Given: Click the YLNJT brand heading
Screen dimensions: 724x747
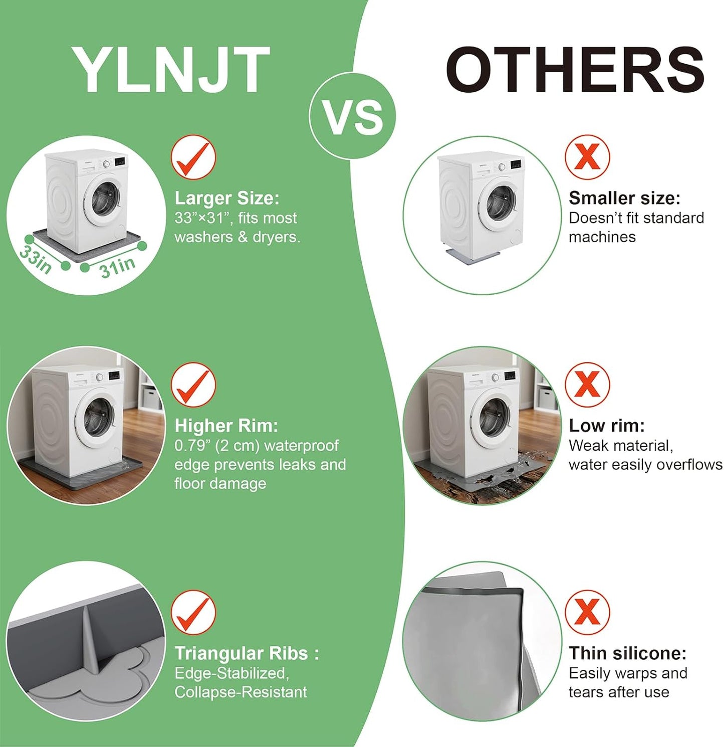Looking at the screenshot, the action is point(171,69).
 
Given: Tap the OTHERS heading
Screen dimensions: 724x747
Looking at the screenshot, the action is point(575,69).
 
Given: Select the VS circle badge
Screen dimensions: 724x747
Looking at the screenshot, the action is point(352,116).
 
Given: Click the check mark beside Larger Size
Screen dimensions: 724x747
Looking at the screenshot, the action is point(193,157).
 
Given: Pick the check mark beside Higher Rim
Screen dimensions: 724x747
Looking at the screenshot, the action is point(193,385).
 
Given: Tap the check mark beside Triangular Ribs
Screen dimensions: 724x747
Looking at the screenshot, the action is point(193,612).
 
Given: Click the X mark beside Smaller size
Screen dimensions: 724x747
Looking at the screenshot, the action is point(587,157).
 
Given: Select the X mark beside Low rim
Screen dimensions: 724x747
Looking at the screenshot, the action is point(587,385).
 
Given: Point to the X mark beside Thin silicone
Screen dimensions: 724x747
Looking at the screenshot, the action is point(587,612).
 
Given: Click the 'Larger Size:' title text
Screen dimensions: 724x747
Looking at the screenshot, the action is point(226,199).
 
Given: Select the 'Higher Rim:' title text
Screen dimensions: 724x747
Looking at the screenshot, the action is point(226,426).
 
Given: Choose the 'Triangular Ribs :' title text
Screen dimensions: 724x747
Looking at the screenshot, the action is point(247,654).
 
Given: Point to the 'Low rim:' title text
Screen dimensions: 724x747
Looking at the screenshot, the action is point(607,426).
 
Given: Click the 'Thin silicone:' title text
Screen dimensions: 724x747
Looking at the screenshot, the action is point(627,654).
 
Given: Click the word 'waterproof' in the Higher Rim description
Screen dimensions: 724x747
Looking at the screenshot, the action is point(301,446).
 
